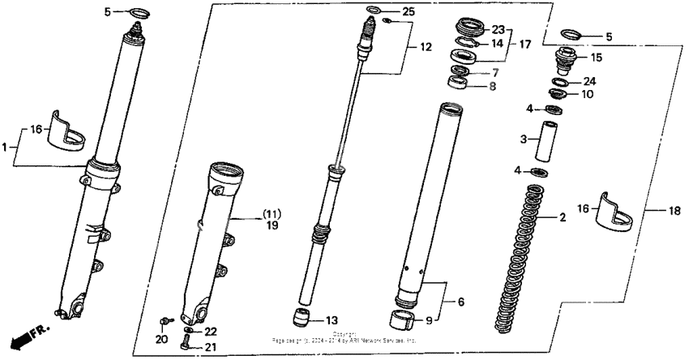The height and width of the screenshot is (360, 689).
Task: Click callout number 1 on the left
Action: click(x=6, y=147)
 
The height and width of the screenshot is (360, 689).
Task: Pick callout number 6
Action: click(x=460, y=302)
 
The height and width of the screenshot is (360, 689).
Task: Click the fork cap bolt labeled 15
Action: click(x=560, y=60)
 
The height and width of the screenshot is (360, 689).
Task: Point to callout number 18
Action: click(x=673, y=211)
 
